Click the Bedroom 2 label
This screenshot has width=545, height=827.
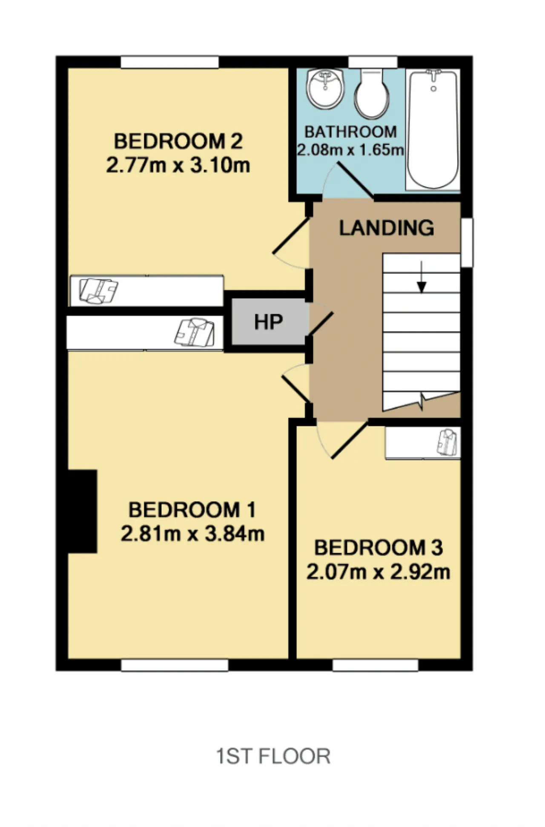[x=178, y=141]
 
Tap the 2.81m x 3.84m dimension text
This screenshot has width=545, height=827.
[x=192, y=534]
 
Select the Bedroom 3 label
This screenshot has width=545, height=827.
[x=379, y=548]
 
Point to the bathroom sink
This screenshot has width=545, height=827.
[x=325, y=89]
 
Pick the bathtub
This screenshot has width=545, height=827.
[x=433, y=129]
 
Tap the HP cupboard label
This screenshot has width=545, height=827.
[x=268, y=322]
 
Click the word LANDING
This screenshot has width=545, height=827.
[x=387, y=228]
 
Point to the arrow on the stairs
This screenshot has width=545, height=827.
[x=422, y=277]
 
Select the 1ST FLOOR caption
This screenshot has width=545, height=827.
[x=273, y=756]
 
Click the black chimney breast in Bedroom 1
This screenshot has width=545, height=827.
[x=83, y=511]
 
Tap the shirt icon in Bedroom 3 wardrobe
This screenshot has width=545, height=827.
[x=447, y=442]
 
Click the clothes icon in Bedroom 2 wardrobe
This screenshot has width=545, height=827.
[x=99, y=291]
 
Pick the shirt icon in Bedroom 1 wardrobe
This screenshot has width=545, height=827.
[x=195, y=332]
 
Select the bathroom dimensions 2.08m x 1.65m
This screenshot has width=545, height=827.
[x=350, y=150]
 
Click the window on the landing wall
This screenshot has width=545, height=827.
[x=467, y=243]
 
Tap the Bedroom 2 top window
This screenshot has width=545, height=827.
[x=170, y=62]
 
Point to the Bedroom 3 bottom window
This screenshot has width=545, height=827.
[x=376, y=665]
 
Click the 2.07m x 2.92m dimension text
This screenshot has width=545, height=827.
[x=379, y=571]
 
